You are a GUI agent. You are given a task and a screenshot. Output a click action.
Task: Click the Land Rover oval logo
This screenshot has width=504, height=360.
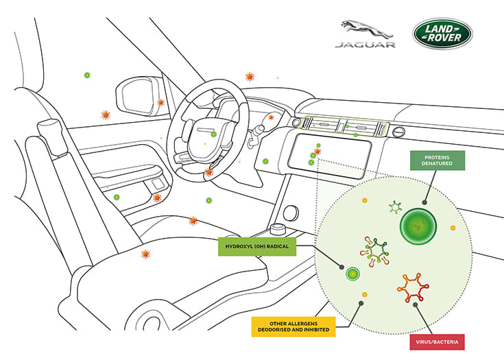(x=442, y=34)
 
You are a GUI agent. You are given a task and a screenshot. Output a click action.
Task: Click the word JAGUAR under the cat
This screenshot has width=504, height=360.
(x=365, y=45)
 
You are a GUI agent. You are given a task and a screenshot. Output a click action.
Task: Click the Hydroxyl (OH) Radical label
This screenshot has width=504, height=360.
(x=257, y=245)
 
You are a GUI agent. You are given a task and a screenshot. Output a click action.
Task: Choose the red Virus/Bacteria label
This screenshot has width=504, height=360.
(x=435, y=341)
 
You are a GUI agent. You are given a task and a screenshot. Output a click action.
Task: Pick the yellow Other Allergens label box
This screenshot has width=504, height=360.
(x=293, y=326)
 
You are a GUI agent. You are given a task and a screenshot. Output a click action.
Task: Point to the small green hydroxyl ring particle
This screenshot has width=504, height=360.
(x=352, y=274)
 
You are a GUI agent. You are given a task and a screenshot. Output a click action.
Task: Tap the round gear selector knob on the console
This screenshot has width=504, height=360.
(x=278, y=228)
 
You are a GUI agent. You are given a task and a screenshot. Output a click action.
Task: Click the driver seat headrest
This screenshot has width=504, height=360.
(x=52, y=129)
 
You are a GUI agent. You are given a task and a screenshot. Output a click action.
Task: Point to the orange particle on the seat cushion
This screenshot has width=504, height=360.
(x=145, y=254)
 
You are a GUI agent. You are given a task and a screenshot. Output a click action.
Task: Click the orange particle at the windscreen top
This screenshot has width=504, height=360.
(x=250, y=77)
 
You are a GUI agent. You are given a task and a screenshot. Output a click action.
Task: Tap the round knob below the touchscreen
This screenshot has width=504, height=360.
(x=291, y=212)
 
